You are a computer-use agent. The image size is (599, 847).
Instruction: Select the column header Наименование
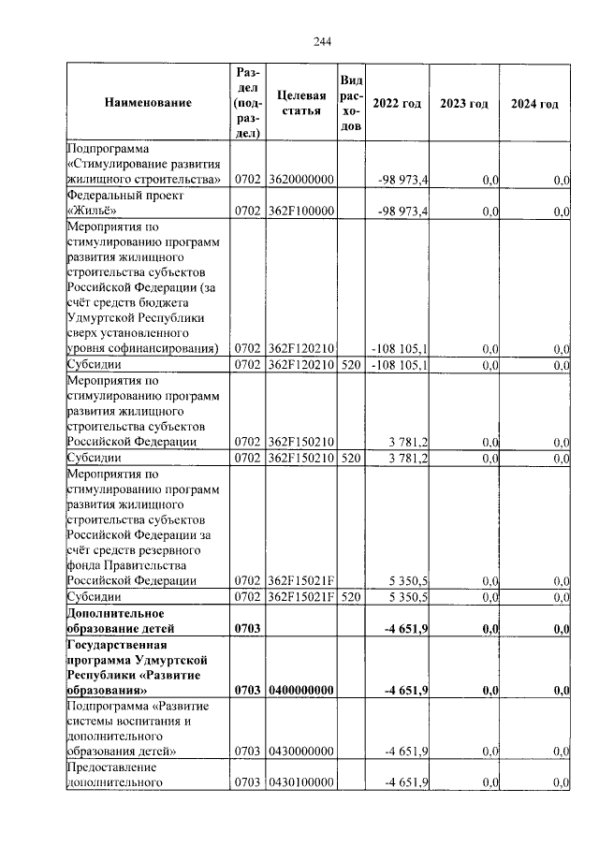pos(148,103)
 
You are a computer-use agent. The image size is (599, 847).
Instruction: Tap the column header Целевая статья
pos(300,103)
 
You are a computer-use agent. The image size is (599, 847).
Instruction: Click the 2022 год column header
pos(397,103)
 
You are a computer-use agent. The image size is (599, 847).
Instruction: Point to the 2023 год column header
pos(464,103)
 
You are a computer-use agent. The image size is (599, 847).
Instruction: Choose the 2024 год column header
pos(534,103)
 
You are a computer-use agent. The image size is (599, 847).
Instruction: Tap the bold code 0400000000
pos(300,691)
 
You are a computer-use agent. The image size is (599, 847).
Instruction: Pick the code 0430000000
pos(300,752)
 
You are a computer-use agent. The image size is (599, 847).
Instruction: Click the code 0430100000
pos(300,783)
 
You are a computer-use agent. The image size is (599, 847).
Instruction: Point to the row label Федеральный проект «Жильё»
pos(125,203)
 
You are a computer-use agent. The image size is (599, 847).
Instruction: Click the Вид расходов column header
pos(351,103)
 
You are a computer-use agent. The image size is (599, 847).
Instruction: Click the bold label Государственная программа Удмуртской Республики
pos(137,667)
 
